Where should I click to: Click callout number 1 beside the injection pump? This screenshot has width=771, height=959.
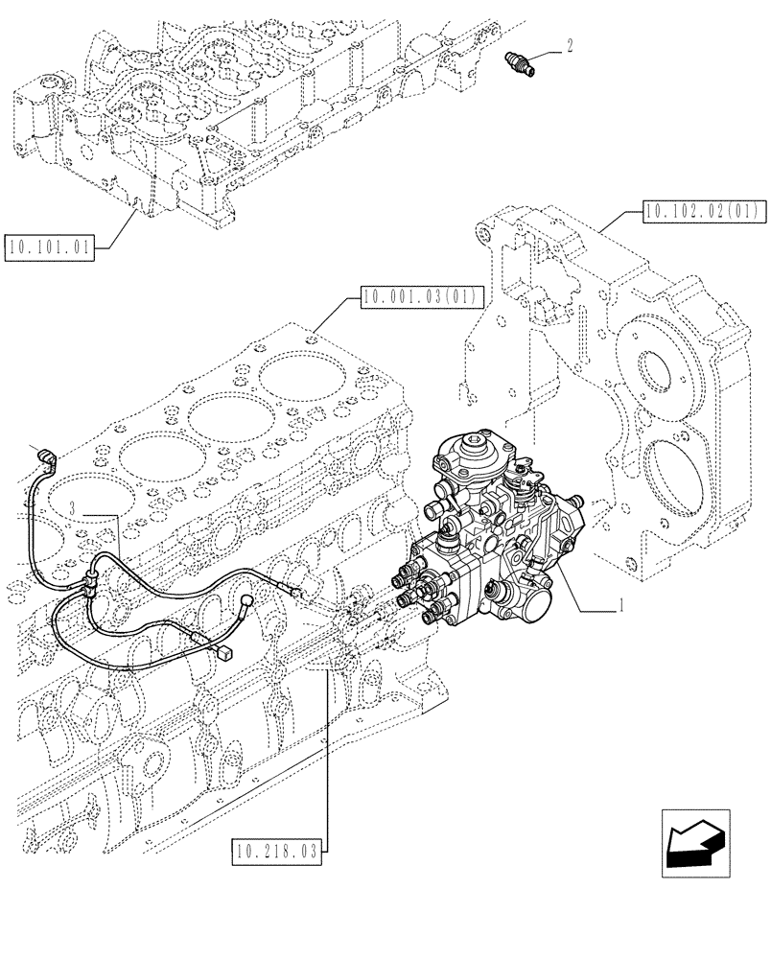tap(623, 606)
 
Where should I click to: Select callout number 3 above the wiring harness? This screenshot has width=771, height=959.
tap(75, 504)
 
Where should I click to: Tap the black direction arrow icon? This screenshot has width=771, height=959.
tap(693, 844)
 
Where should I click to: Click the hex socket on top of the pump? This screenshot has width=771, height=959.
tap(472, 444)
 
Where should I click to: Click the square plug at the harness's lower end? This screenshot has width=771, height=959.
tap(226, 655)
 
